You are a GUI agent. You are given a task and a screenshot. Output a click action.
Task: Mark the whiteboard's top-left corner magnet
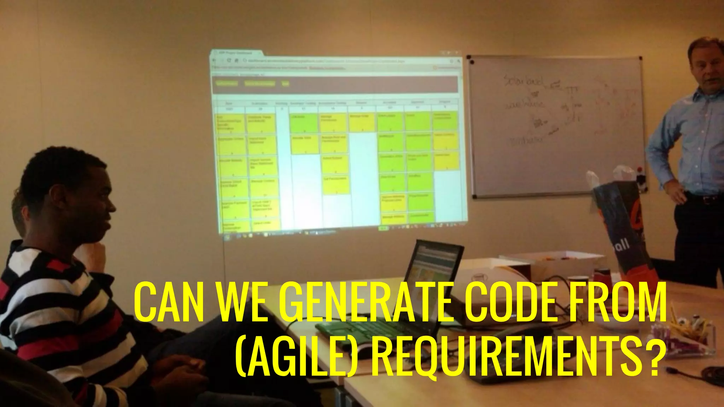point(470,62)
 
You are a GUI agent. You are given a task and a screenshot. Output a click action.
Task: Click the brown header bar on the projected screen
point(334,84)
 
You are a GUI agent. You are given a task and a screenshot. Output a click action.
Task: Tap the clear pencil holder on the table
point(682,336)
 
